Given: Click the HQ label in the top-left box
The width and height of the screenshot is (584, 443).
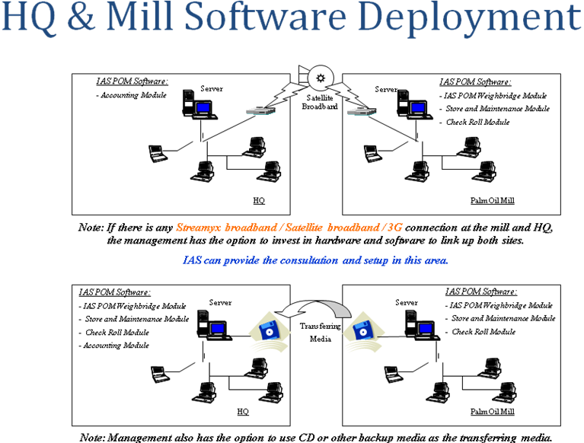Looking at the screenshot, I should (x=258, y=201).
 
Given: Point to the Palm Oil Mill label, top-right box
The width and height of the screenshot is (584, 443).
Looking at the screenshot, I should (x=493, y=201).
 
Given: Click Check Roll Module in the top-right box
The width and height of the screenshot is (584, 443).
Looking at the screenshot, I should (x=477, y=123).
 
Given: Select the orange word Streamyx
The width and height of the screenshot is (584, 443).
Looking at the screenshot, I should (x=198, y=227).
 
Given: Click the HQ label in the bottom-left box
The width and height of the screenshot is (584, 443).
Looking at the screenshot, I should (x=243, y=411).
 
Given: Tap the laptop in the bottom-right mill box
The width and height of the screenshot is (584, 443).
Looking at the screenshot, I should (x=391, y=373).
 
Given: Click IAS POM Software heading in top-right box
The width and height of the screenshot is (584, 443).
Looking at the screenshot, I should (x=475, y=82).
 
